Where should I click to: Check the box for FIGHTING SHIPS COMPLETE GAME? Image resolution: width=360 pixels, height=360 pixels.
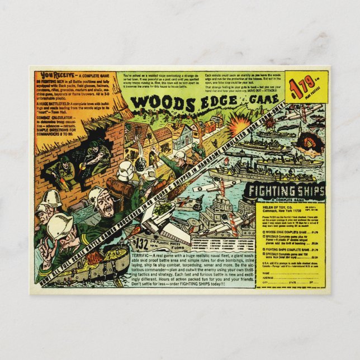(265, 249)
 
